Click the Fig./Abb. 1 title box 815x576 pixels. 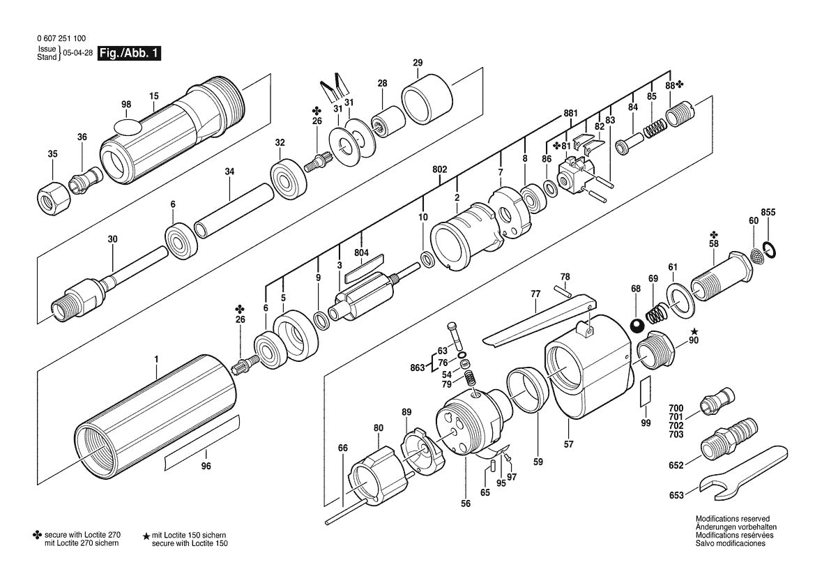point(130,53)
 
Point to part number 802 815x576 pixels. point(440,169)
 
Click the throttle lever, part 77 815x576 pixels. point(540,320)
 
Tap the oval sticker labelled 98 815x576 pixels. point(127,126)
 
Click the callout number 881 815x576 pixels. point(571,114)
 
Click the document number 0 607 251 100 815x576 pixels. point(62,38)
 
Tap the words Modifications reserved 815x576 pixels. point(732,519)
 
